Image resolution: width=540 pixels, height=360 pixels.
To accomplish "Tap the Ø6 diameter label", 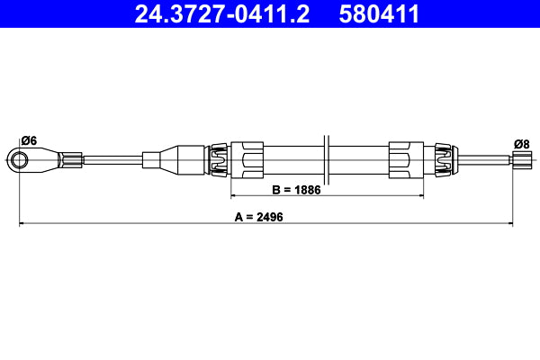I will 28,140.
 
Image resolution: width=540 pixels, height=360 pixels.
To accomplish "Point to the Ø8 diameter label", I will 521,144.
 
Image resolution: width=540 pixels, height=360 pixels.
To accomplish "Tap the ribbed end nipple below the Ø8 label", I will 521,161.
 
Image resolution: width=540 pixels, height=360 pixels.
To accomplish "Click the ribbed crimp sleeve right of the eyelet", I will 70,161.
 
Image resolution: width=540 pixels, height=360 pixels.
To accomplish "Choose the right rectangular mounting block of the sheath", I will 401,160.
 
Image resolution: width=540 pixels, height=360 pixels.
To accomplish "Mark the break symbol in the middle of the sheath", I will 328,160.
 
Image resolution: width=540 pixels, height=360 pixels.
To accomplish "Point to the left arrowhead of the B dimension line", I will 236,195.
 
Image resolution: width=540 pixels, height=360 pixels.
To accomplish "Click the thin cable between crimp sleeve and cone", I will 112,161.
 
